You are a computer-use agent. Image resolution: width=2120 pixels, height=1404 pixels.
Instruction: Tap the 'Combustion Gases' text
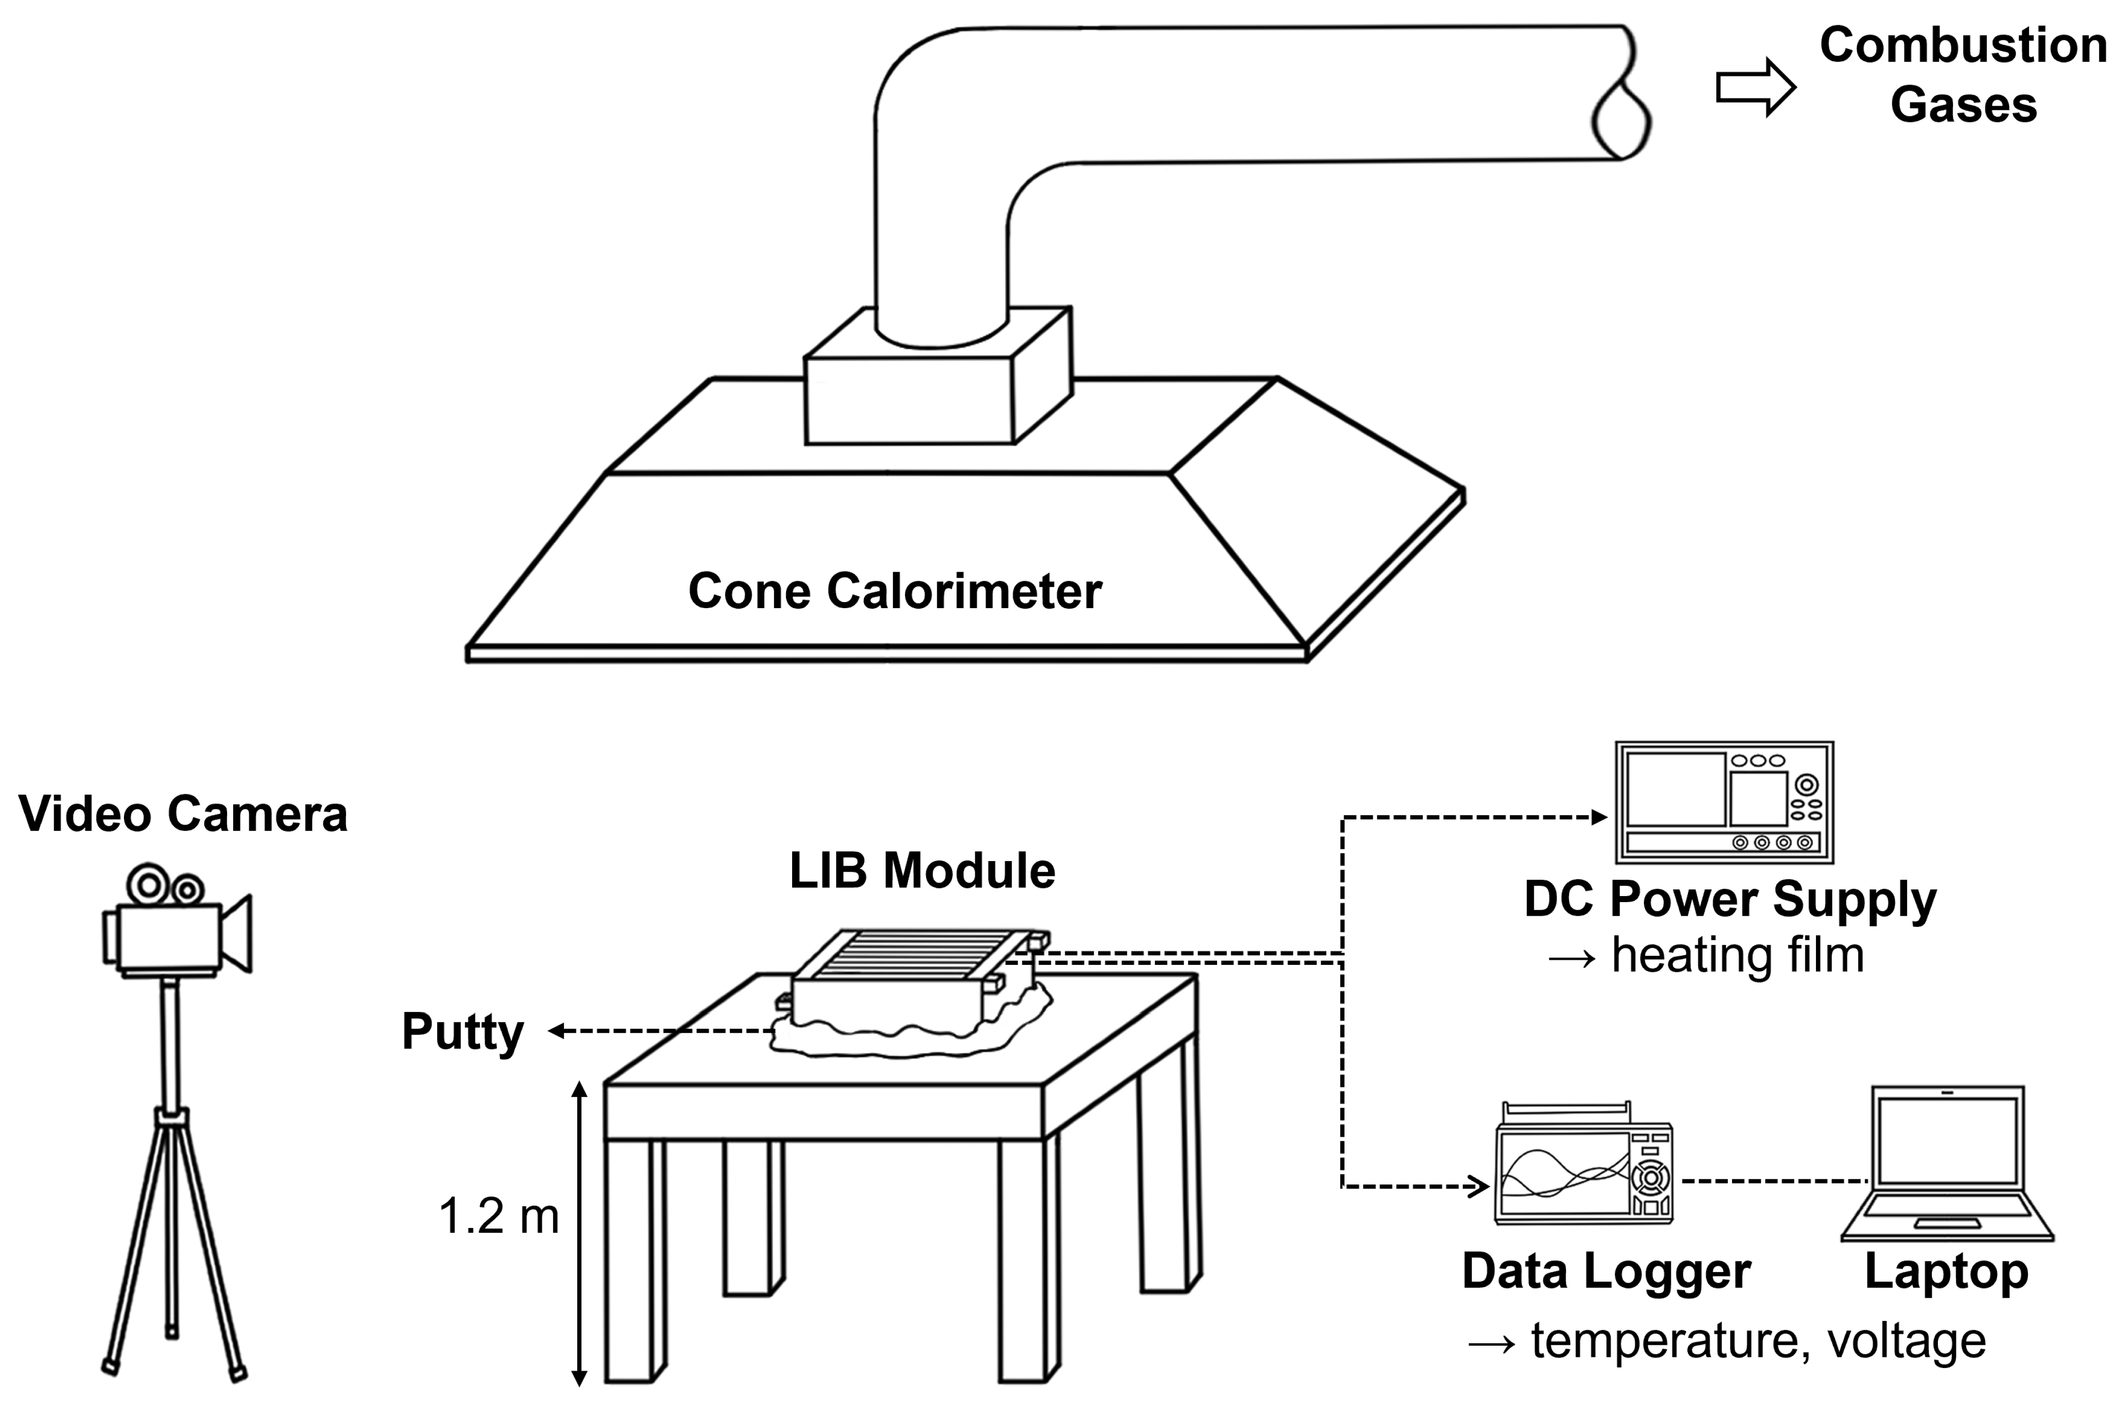[x=1963, y=75]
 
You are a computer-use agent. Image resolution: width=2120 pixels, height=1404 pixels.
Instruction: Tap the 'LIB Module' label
[x=922, y=870]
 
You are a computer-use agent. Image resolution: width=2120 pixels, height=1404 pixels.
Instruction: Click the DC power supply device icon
[x=1723, y=802]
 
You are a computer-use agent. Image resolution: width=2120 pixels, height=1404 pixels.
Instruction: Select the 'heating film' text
[x=1737, y=955]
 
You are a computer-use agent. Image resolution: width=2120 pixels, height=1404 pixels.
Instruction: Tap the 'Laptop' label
[x=1946, y=1271]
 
